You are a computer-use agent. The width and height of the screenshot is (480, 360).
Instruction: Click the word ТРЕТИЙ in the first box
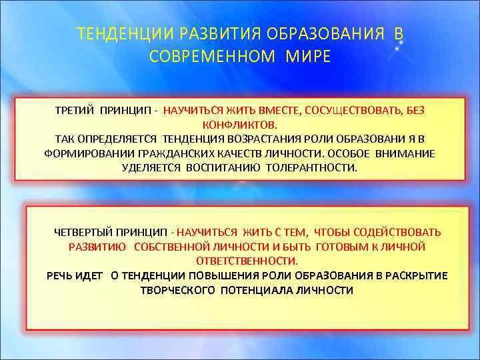75,110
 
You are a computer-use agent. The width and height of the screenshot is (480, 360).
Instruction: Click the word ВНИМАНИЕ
407,153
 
